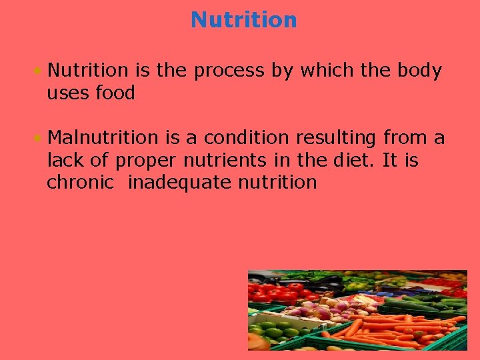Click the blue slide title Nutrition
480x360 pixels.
pyautogui.click(x=243, y=20)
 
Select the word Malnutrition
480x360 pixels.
pyautogui.click(x=103, y=138)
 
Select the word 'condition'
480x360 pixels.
pyautogui.click(x=247, y=138)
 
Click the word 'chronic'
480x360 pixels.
pyautogui.click(x=80, y=183)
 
